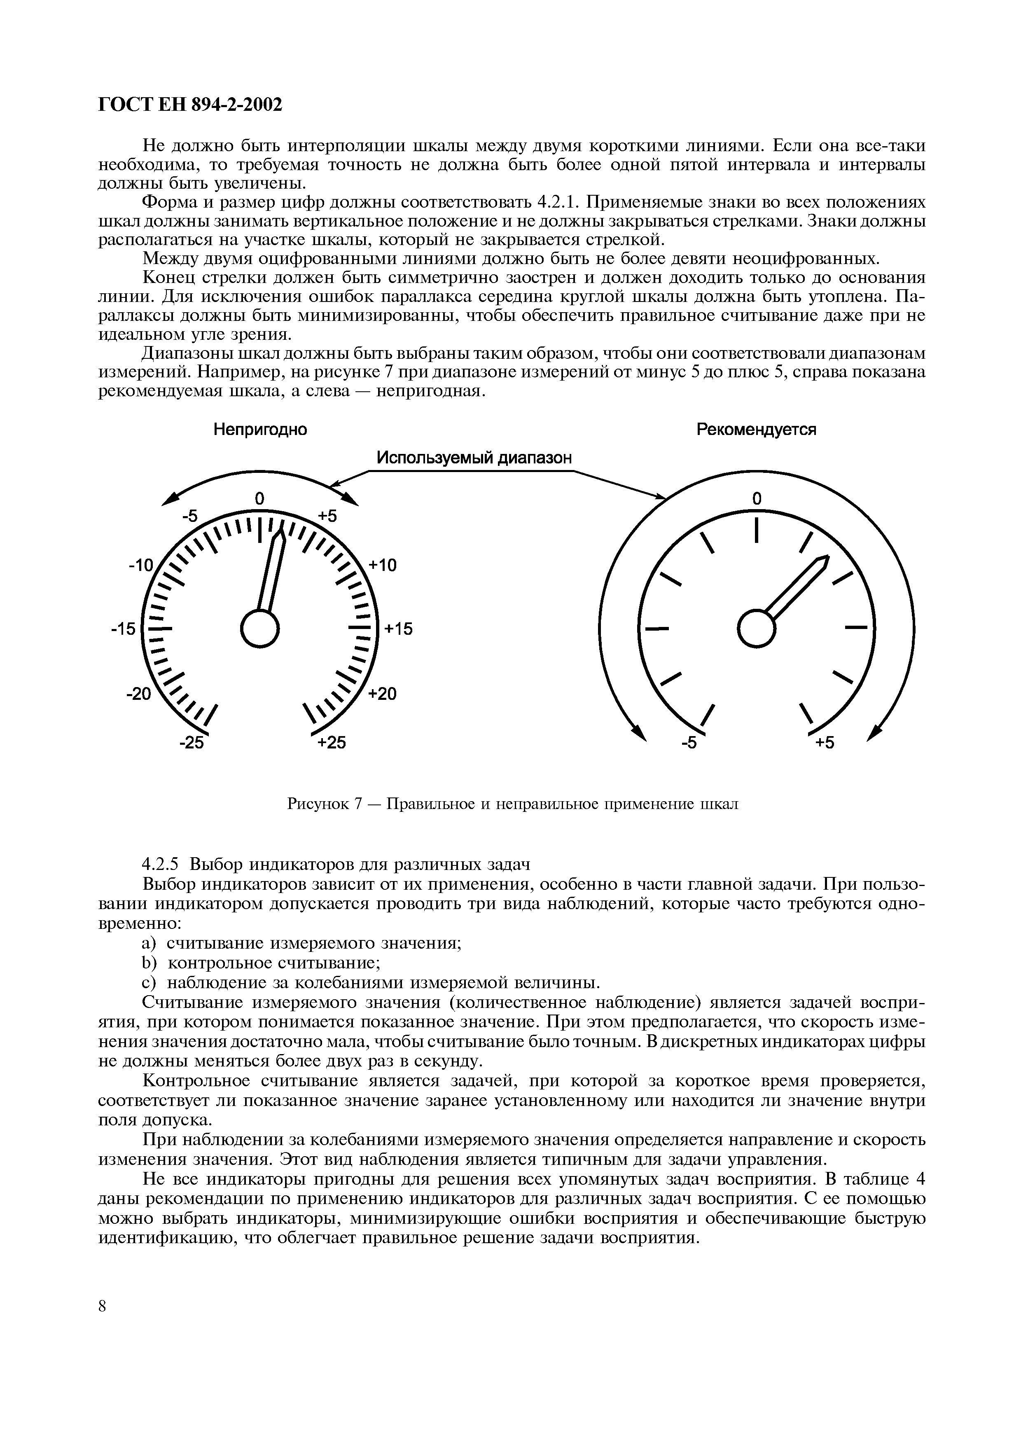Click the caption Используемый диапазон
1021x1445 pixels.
(474, 458)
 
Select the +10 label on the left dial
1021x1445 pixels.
(383, 565)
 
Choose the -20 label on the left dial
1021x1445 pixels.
(139, 694)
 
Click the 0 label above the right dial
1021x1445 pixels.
(757, 498)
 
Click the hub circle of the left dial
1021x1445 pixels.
(259, 628)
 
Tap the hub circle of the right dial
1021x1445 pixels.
(755, 628)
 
